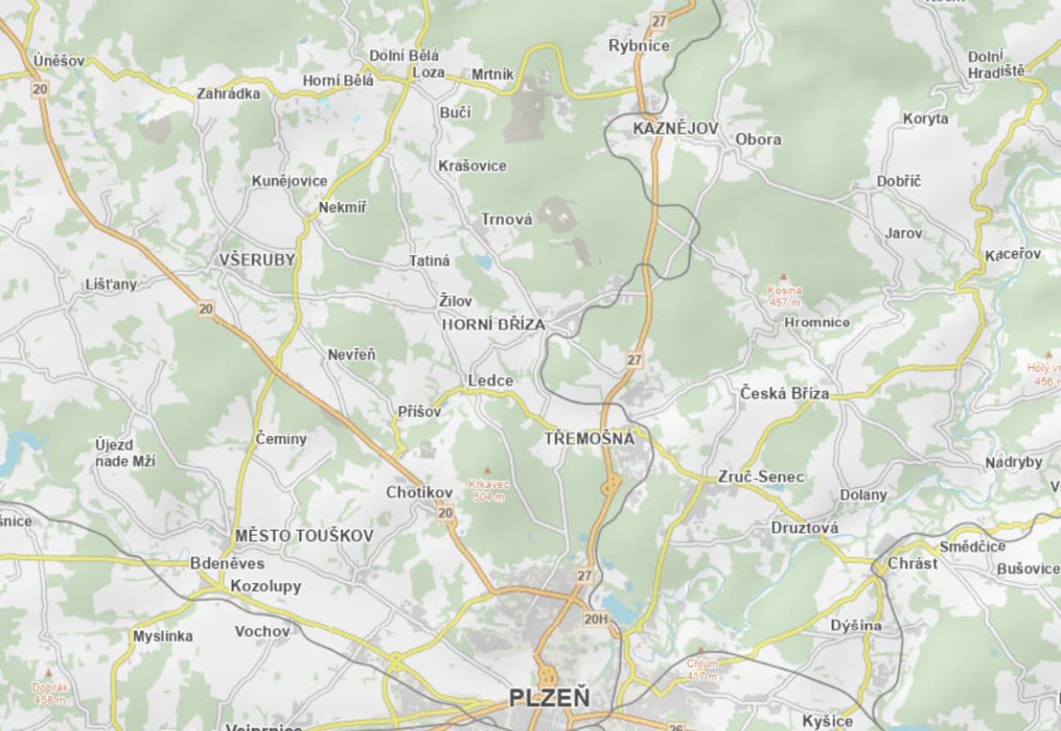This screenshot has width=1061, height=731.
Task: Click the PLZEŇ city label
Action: point(549,699)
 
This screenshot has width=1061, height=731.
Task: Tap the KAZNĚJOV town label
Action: point(676,129)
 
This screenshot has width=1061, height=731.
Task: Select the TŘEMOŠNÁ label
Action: point(589,439)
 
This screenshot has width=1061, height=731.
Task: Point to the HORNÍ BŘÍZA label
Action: point(493,324)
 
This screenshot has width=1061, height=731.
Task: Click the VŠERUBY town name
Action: point(257,260)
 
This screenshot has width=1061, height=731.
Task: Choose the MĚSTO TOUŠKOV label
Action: point(304,535)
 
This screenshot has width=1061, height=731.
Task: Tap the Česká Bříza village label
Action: point(784,394)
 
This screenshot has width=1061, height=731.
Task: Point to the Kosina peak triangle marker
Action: point(783,276)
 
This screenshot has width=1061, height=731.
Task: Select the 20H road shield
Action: point(595,620)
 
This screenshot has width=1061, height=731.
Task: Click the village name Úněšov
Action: point(58,61)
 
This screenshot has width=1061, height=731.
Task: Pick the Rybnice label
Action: point(639,46)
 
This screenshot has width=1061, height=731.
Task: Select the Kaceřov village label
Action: point(1013,254)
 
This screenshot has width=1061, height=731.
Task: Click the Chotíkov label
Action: point(419,493)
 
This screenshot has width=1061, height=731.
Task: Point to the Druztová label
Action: point(804,528)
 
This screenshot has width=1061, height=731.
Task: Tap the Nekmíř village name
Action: point(342,207)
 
